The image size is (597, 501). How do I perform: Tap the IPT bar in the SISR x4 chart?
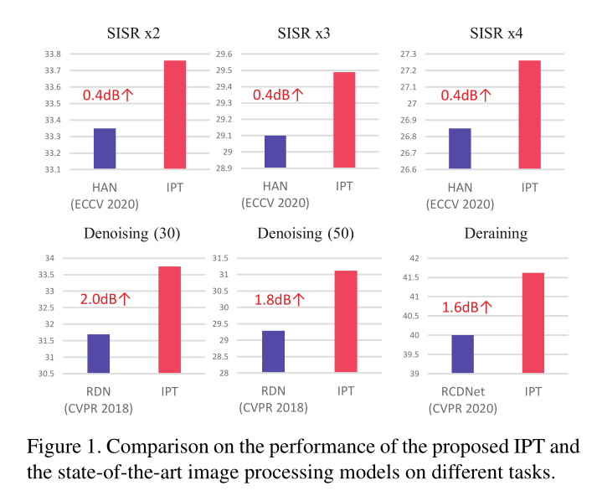coord(529,115)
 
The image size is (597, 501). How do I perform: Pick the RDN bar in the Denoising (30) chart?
coord(98,354)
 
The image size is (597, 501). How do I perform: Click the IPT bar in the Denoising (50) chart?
coord(345,321)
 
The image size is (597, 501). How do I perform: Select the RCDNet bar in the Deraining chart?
coord(462,354)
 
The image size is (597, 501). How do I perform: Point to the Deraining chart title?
coord(497,232)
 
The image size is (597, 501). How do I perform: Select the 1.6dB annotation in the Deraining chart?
coord(466,307)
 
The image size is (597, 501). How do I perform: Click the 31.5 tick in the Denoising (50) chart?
coord(222,258)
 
